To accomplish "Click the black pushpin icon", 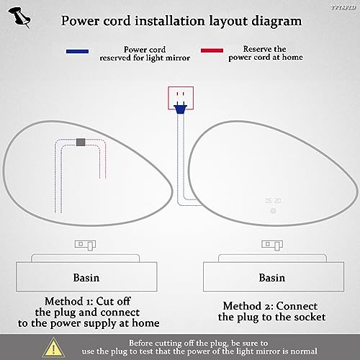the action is pos(19,17).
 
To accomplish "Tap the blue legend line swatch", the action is pos(77,51).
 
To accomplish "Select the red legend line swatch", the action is pos(212,50).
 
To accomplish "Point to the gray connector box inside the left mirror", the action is pos(81,142).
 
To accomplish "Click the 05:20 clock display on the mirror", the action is pos(273,201).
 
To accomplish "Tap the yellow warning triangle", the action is pos(53,347).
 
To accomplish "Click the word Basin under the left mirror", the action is pos(86,278).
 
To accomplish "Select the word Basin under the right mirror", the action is pos(272,278).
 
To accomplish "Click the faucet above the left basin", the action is pos(85,245).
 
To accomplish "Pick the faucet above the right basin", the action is pos(272,245).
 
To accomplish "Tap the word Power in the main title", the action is pos(80,21).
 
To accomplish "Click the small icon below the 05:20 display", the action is pos(273,211).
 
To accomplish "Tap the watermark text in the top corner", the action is pos(343,7).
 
